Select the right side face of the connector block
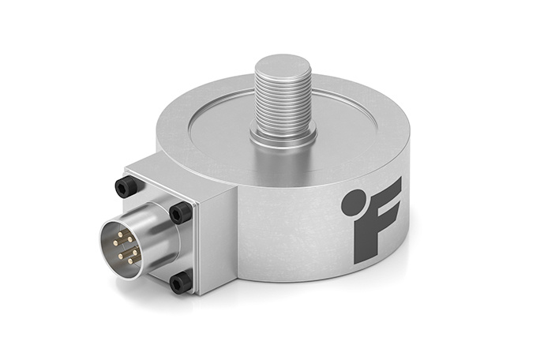point(215,237)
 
